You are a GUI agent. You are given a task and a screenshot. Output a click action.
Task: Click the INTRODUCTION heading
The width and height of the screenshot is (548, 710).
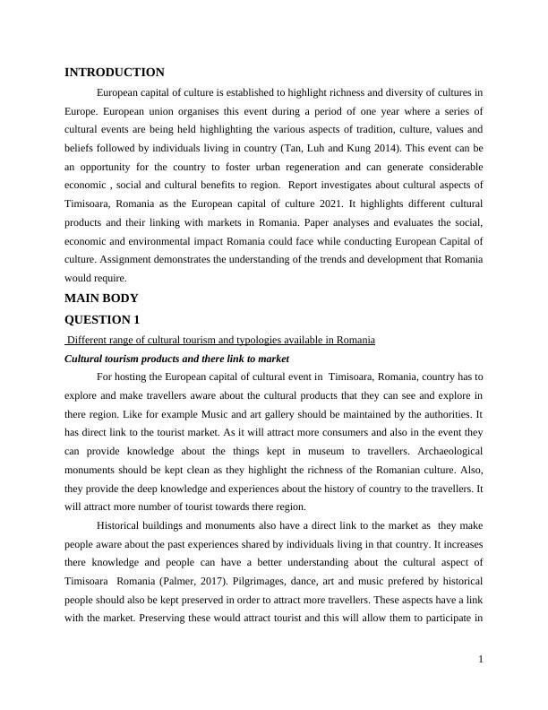pos(115,73)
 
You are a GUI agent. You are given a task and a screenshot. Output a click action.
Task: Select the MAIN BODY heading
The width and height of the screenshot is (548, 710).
pos(102,299)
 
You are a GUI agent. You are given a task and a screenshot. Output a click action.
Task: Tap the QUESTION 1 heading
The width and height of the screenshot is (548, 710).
pos(104,319)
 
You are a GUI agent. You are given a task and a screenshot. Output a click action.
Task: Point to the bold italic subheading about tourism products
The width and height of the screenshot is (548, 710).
pos(177,358)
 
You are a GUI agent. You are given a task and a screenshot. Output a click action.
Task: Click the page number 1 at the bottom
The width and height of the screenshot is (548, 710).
pos(481,660)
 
